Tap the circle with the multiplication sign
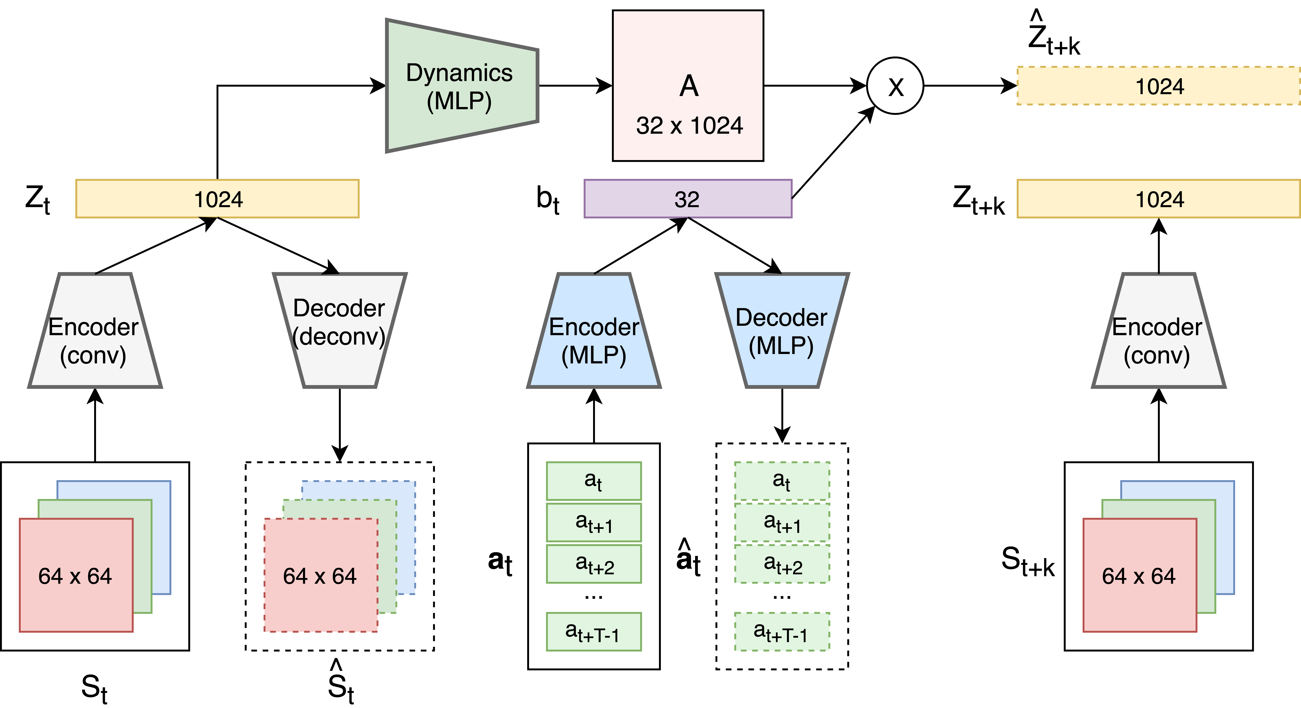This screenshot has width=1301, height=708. [895, 86]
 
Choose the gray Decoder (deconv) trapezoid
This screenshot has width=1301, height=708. [339, 331]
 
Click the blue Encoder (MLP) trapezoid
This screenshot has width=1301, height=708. [594, 331]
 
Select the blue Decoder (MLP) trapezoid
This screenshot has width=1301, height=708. [782, 331]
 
